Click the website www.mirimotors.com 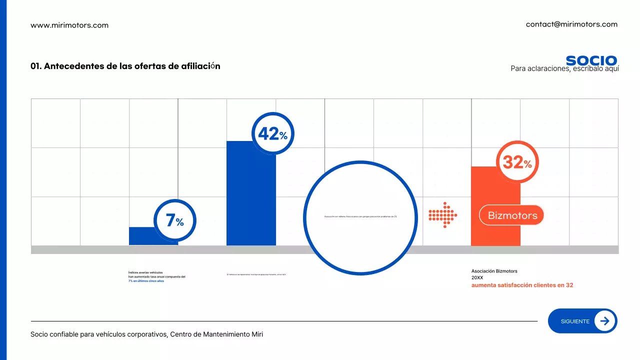click(69, 25)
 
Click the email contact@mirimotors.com click(571, 24)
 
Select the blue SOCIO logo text click(591, 60)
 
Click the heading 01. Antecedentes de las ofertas click(125, 66)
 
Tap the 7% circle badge click(174, 220)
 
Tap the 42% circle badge click(272, 133)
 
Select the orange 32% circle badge click(517, 162)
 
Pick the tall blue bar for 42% click(251, 200)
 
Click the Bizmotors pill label click(512, 215)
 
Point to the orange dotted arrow click(443, 215)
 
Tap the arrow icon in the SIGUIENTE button click(604, 321)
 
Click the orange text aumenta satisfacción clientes click(522, 285)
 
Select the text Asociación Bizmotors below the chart click(494, 271)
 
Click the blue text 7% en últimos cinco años click(146, 281)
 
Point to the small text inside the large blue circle click(360, 216)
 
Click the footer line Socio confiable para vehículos click(146, 334)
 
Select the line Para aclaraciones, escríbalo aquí click(564, 69)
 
